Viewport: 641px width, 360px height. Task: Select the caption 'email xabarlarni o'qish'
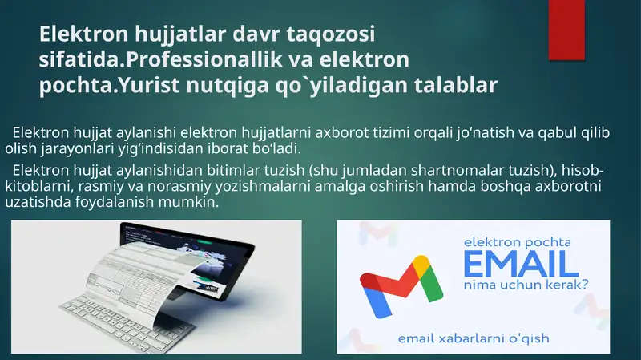[474, 338]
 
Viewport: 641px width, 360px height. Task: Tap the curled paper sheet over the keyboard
[152, 281]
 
